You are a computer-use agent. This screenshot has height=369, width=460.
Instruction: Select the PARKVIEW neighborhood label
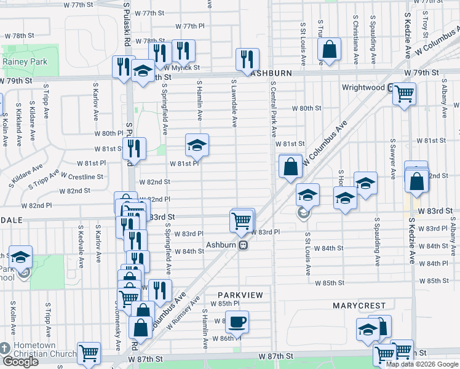(239, 295)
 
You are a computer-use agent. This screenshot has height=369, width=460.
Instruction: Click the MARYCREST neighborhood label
(359, 306)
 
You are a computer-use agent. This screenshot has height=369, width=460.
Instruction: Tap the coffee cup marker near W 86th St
(237, 322)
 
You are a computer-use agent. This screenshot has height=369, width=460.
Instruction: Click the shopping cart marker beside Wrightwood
(404, 94)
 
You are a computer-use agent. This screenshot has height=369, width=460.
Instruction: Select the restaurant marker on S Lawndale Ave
(247, 60)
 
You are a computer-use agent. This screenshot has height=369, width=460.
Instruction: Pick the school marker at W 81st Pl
(197, 145)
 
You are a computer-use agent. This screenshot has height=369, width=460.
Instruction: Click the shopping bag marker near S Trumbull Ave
(329, 50)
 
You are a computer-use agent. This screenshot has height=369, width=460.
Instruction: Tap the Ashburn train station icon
(244, 245)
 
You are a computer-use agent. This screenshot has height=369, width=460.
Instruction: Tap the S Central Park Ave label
(274, 111)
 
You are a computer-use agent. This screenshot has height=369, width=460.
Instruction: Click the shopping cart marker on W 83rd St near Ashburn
(242, 220)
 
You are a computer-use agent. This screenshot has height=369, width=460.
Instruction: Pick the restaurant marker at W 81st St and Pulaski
(133, 148)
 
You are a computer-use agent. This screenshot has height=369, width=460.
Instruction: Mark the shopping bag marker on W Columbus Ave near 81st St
(290, 166)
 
